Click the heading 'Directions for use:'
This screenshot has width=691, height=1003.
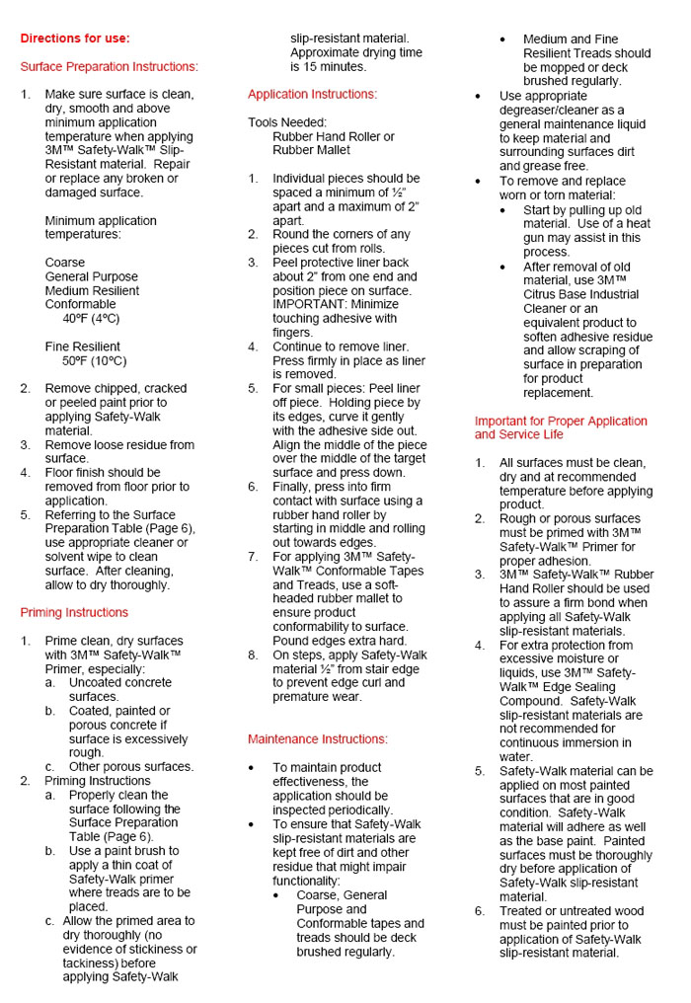(x=75, y=39)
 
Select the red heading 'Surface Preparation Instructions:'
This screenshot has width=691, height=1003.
(x=109, y=67)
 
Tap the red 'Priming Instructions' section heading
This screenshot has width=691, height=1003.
(x=74, y=612)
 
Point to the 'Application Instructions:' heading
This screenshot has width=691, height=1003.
(x=312, y=95)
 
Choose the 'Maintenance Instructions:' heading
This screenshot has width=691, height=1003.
(x=318, y=738)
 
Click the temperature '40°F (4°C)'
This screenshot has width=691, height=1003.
(x=91, y=319)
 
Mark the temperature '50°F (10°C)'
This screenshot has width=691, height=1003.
(x=95, y=360)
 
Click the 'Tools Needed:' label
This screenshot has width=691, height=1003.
(x=287, y=122)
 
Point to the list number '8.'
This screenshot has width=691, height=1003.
(x=254, y=655)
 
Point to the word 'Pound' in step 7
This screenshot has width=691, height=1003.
(x=293, y=641)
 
